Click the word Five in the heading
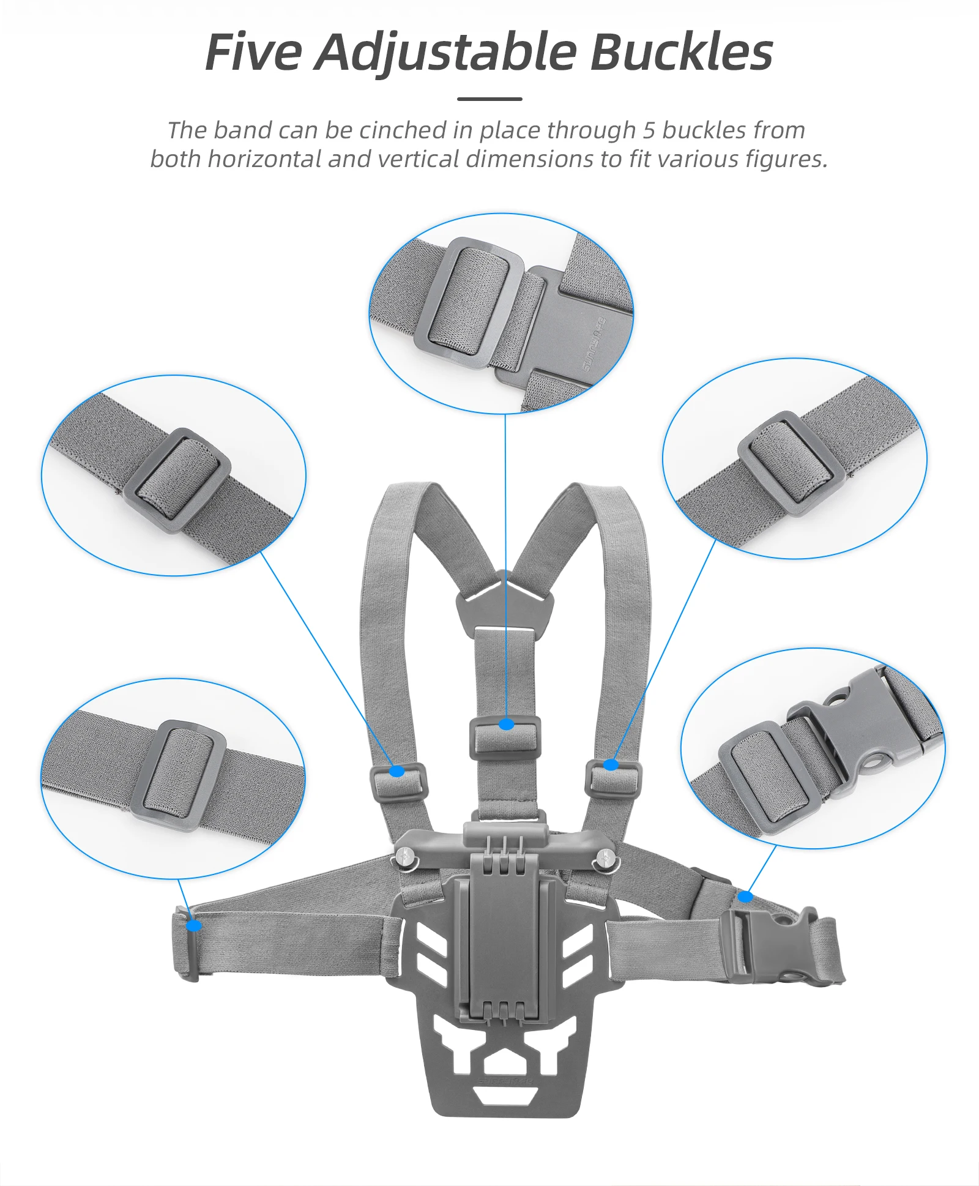253,53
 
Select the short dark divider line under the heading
489,99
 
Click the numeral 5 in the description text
649,130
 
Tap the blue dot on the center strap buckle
506,725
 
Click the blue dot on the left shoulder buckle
397,771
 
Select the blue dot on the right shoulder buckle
611,765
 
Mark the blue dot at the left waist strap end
193,925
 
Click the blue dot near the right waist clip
745,897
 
